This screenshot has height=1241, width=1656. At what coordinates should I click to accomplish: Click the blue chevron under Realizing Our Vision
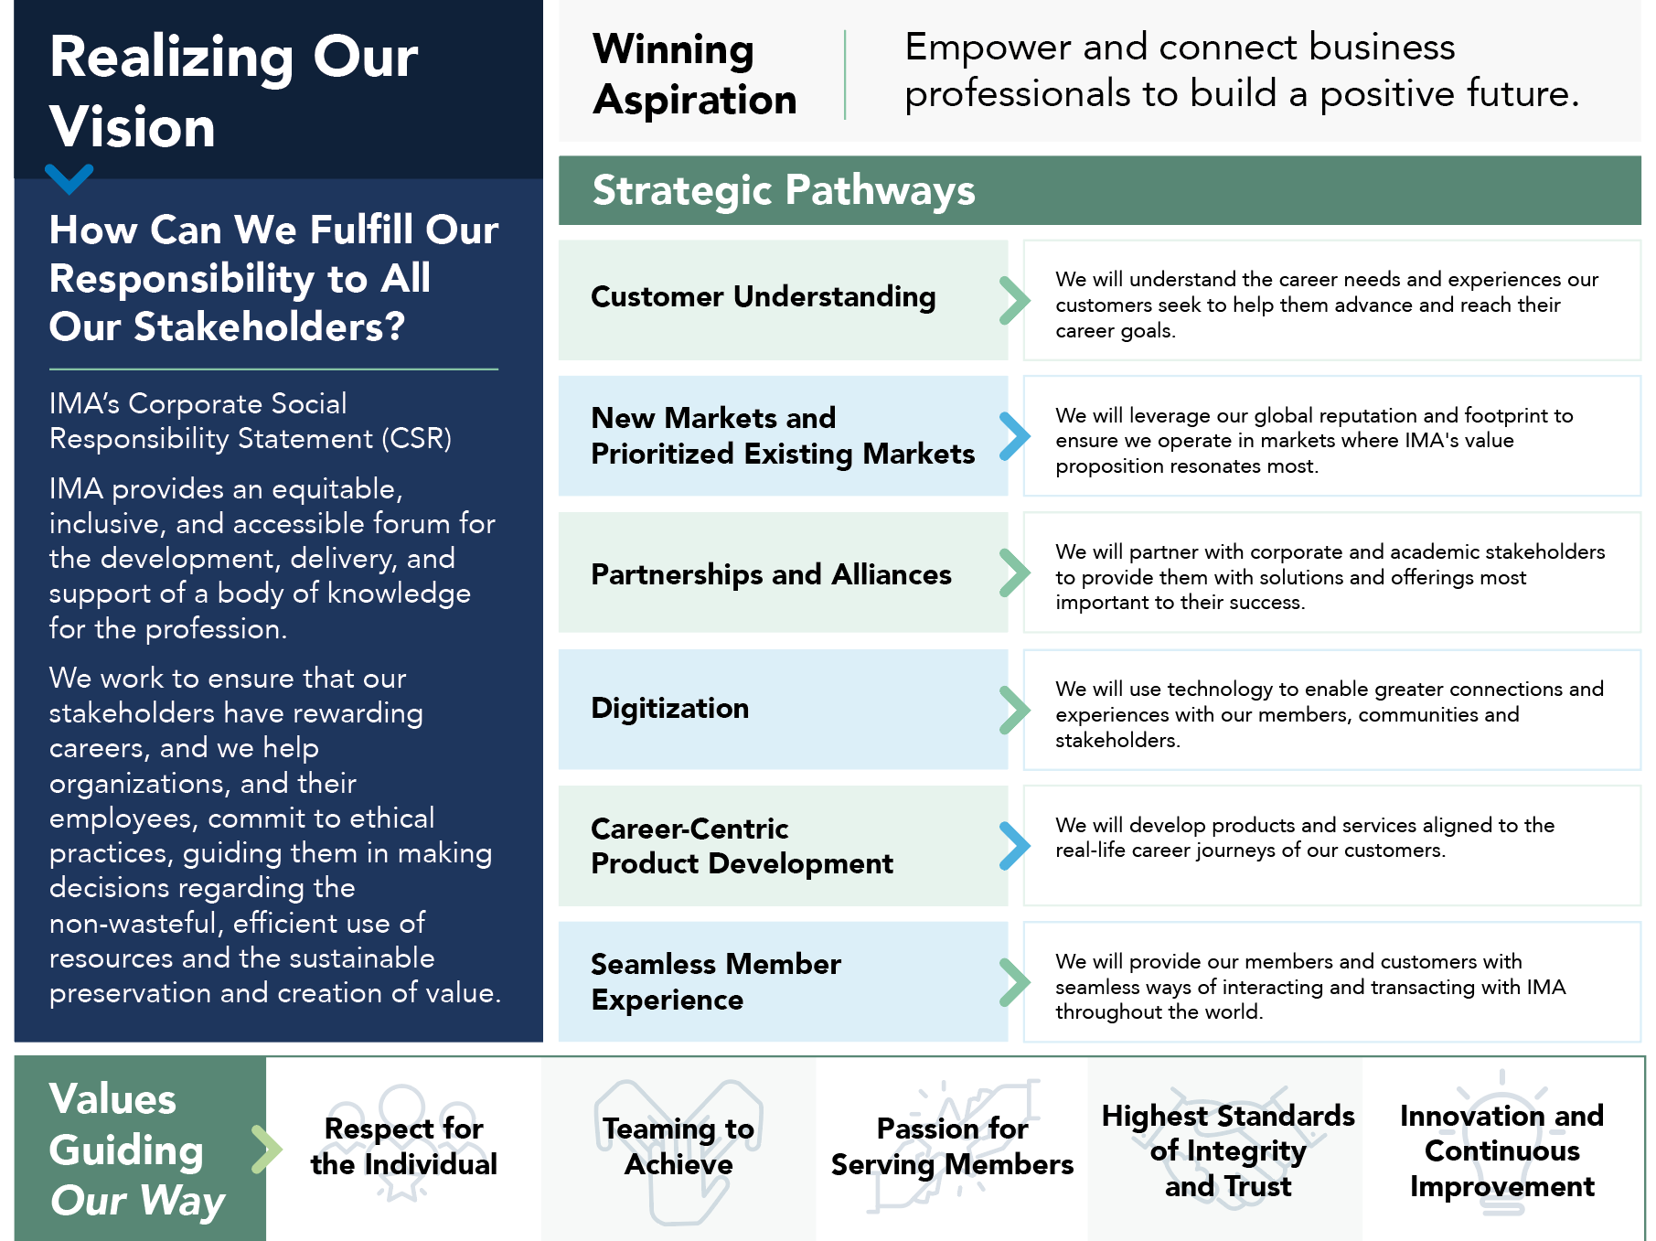[x=69, y=178]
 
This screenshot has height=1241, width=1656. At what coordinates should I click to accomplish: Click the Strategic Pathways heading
[x=784, y=190]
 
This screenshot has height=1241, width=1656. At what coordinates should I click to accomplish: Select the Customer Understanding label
[x=764, y=296]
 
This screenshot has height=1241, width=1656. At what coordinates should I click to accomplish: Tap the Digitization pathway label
[x=670, y=708]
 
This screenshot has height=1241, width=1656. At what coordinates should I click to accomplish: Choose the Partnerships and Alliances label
[x=772, y=574]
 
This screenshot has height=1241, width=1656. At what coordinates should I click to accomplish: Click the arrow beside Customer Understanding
[x=1015, y=300]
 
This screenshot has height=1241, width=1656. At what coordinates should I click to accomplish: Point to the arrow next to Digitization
[x=1015, y=710]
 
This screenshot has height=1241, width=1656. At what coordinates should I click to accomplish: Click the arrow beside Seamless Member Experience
[x=1015, y=982]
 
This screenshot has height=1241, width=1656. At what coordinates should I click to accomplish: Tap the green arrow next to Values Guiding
[x=267, y=1150]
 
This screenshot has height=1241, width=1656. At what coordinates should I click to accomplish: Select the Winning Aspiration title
[x=695, y=74]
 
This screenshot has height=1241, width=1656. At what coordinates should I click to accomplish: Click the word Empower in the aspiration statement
[x=988, y=47]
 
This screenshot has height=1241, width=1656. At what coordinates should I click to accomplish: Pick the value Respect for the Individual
[x=404, y=1146]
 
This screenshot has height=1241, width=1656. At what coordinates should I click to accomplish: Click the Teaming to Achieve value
[x=678, y=1146]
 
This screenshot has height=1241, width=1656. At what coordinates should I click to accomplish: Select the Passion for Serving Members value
[x=952, y=1146]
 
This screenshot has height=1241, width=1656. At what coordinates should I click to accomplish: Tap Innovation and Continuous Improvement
[x=1501, y=1150]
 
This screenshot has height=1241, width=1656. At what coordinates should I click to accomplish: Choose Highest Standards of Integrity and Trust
[x=1228, y=1150]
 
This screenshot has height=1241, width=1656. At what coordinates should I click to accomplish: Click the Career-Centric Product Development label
[x=743, y=846]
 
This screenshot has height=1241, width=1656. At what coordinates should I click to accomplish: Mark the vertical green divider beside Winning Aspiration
[x=845, y=75]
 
